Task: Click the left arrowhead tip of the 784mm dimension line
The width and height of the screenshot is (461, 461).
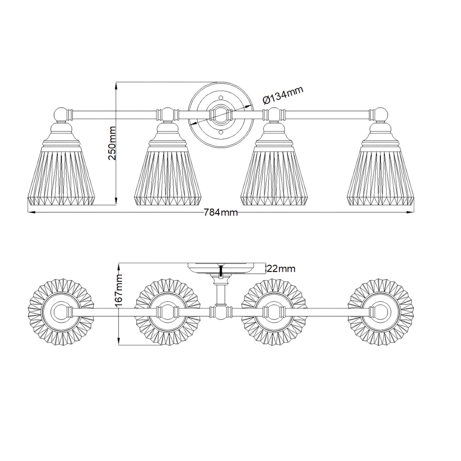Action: [x=28, y=212]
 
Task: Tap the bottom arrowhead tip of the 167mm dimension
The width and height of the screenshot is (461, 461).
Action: [x=119, y=345]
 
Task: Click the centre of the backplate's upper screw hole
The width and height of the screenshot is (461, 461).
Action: [x=221, y=97]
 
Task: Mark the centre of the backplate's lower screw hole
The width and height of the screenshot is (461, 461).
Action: [x=221, y=132]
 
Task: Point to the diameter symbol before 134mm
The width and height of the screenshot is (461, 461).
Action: [x=267, y=100]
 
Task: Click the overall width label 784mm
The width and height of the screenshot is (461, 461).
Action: [x=221, y=213]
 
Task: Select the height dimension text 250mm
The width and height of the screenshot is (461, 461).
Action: [x=112, y=143]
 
